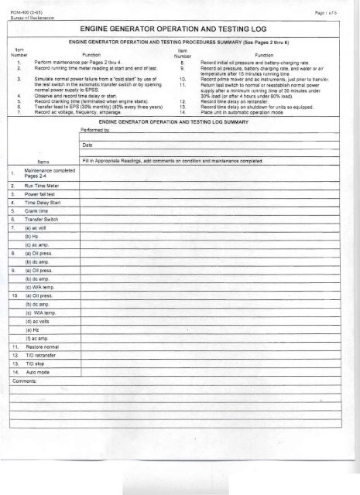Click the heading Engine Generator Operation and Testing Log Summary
(x=183, y=122)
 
